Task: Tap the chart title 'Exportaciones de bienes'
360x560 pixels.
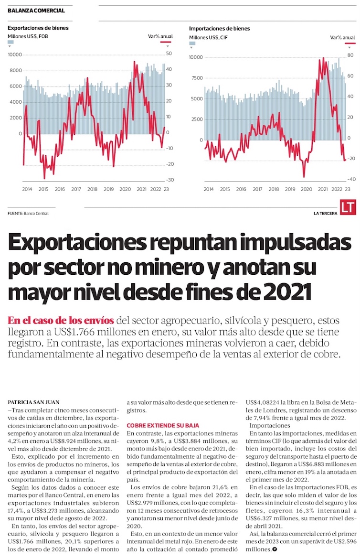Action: coord(38,28)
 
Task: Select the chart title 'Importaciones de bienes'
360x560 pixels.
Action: coord(219,28)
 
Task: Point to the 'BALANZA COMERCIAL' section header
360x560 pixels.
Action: coord(36,11)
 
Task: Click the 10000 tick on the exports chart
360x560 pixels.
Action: coord(15,54)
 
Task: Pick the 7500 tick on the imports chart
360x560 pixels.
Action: coord(197,78)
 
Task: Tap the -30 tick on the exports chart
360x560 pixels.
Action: coord(169,180)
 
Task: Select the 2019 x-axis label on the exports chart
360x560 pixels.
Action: coord(108,189)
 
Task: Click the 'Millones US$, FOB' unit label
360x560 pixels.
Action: coord(28,36)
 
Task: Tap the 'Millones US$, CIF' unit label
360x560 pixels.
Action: coord(208,37)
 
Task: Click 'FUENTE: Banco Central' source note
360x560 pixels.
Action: coord(28,213)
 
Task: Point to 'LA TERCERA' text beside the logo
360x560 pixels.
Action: coord(326,213)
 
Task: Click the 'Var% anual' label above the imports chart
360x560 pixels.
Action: coord(340,37)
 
